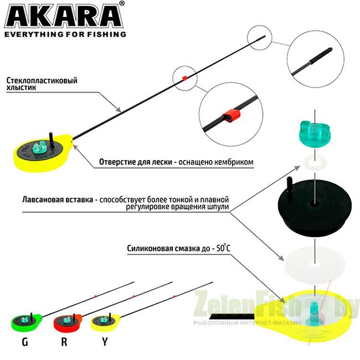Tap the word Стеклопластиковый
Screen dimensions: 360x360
(42, 81)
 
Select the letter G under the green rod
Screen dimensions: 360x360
(25, 342)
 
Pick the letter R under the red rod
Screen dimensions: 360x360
(64, 342)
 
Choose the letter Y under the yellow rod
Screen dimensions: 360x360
(105, 342)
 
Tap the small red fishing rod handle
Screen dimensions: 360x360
(68, 322)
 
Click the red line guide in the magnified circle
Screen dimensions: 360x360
(230, 115)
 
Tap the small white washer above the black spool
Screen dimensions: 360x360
(315, 162)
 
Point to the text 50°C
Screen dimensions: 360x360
(223, 248)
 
